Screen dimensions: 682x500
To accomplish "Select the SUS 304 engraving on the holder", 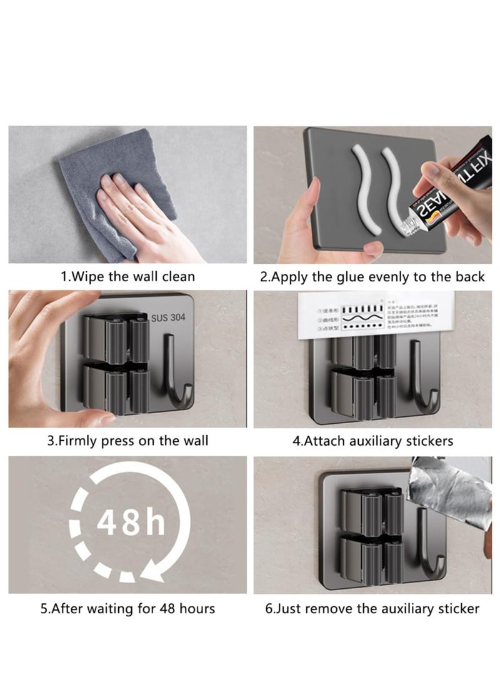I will pos(168,318).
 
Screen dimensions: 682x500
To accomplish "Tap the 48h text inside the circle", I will pos(130,523).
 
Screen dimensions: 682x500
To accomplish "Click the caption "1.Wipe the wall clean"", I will pos(127,276).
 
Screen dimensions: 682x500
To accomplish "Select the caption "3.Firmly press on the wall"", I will pos(127,441).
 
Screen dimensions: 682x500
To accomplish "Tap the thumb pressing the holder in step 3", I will pos(94,415).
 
